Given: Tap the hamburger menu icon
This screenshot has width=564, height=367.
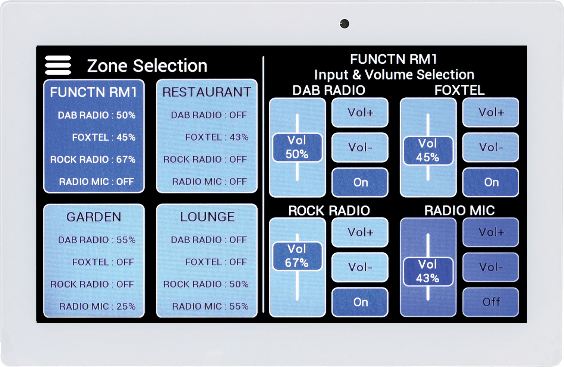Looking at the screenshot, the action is tap(58, 65).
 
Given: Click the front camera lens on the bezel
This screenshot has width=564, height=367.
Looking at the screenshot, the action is tap(345, 24).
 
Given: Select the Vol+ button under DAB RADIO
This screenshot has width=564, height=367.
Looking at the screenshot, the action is tap(360, 112).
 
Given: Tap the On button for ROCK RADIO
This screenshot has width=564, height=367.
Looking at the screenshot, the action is tap(360, 302).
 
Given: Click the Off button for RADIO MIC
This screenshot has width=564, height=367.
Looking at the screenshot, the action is tap(491, 302).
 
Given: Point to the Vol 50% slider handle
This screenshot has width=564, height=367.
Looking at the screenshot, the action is tap(297, 147).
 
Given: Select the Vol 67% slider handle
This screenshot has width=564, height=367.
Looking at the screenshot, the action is tap(297, 256).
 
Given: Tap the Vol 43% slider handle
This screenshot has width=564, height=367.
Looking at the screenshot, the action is tap(428, 272).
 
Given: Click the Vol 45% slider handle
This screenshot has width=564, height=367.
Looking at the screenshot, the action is tap(428, 150).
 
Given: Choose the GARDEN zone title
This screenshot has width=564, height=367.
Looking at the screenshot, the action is tap(94, 217).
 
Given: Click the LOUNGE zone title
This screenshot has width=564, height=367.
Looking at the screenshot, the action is tap(208, 217).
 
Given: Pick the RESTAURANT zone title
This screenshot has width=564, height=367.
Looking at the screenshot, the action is tap(207, 92).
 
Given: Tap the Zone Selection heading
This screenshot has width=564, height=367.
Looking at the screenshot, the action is tap(147, 66).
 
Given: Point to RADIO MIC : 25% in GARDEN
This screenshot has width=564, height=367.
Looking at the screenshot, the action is tap(97, 306).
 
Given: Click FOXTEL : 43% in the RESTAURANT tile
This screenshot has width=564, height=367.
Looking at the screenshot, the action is tap(217, 137).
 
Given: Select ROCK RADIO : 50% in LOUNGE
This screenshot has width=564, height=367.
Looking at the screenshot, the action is tap(206, 284).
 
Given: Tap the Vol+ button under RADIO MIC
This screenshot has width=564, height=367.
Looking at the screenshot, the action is tap(491, 232).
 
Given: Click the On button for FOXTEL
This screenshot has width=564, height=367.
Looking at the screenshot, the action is tap(491, 182).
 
